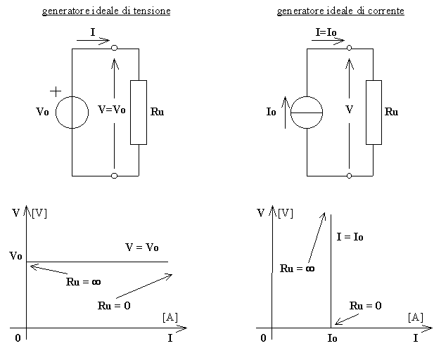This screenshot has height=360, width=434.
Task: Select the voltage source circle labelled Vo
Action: pos(72,112)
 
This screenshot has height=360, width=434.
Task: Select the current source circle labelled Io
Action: pos(307,112)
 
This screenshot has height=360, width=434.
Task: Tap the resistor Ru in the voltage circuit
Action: pos(139,112)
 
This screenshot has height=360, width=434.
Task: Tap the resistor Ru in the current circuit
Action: pos(374,112)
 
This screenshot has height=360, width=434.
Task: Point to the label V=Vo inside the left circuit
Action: pos(112,109)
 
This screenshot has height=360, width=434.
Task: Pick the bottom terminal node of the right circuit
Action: pos(350,174)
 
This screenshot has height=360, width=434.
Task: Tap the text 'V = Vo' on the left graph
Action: pos(141,247)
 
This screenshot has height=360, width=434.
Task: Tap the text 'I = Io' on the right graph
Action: pos(350,237)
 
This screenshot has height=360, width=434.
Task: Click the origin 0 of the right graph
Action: pos(262,338)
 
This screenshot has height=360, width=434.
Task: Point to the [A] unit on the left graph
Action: pos(170,318)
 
